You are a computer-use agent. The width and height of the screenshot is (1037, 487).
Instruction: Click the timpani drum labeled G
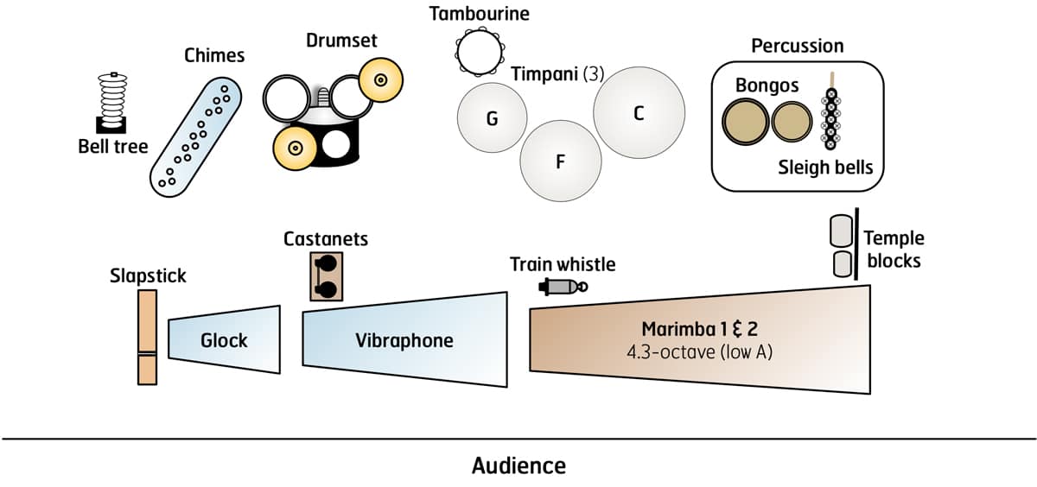click(491, 118)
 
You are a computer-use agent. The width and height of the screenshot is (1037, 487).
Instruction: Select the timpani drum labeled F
click(559, 161)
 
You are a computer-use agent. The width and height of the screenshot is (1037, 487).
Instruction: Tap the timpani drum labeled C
click(638, 112)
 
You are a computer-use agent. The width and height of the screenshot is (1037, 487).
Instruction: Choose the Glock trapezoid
click(225, 339)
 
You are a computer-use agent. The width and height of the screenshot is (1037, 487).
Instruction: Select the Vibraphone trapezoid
click(404, 340)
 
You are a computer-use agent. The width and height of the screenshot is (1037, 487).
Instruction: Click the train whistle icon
click(562, 286)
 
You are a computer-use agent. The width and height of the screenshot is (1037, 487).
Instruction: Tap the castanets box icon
click(327, 275)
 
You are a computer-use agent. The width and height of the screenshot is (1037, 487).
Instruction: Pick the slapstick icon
click(147, 337)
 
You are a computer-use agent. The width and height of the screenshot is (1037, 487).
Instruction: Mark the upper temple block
click(841, 231)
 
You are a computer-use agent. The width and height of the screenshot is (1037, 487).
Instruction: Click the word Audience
click(518, 465)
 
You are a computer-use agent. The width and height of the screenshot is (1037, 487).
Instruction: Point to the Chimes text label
click(214, 56)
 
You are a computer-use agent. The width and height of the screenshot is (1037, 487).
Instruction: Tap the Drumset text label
click(341, 41)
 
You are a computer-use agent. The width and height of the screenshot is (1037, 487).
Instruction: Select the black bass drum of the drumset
click(336, 143)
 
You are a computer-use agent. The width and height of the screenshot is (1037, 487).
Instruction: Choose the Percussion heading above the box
click(797, 46)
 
